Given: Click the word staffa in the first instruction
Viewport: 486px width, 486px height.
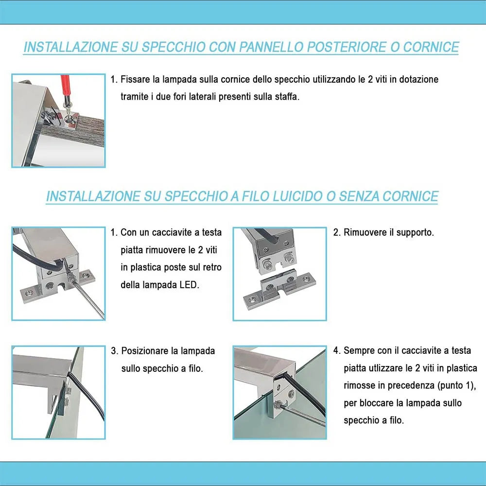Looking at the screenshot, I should (286, 97).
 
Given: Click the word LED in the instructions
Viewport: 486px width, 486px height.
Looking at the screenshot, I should (190, 285).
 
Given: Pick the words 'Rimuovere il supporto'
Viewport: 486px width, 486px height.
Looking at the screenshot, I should (388, 232).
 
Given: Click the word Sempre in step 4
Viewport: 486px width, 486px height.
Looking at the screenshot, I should (358, 350).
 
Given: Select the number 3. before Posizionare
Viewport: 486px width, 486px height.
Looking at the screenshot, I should (115, 351).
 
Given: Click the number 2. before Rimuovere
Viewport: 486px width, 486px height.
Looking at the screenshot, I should (337, 232).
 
